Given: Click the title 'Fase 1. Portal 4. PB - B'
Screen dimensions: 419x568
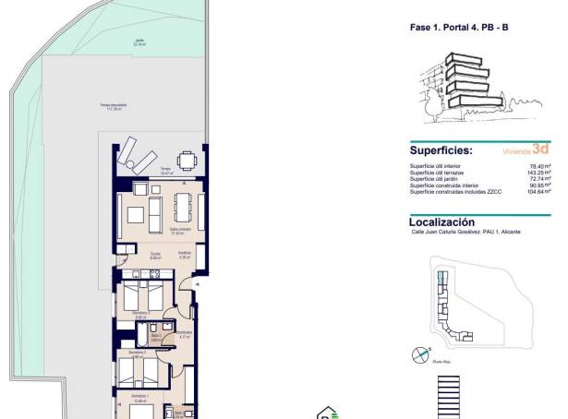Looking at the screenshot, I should (x=459, y=29).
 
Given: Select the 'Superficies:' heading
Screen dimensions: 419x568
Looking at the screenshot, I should (x=441, y=150).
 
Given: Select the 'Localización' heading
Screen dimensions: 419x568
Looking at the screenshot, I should (x=441, y=222).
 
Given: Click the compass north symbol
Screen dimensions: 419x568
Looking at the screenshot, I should (x=420, y=353).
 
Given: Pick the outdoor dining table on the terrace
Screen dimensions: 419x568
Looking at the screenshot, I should (x=187, y=161).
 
